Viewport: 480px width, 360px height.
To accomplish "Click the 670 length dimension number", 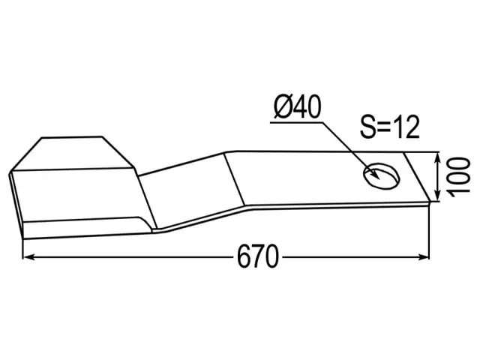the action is pyautogui.click(x=258, y=256).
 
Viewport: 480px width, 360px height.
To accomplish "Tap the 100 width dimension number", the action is pyautogui.click(x=458, y=175).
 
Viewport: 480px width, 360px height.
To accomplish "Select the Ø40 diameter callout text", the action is pyautogui.click(x=298, y=106).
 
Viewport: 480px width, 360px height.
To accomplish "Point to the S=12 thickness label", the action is pyautogui.click(x=390, y=127).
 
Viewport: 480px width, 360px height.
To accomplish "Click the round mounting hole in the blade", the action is pyautogui.click(x=382, y=175).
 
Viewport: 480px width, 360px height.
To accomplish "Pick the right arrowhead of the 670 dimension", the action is pyautogui.click(x=424, y=256).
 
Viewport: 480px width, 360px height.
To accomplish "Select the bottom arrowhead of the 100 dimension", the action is pyautogui.click(x=438, y=196).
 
